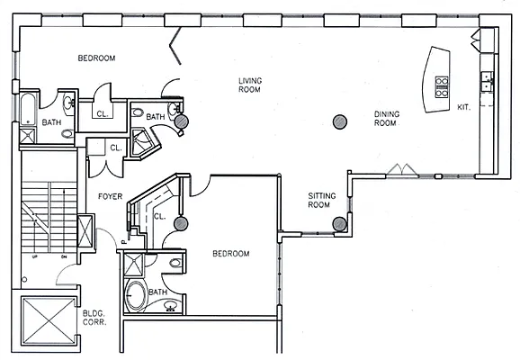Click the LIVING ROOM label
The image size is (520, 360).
tap(249, 84)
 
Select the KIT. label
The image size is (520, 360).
tap(464, 107)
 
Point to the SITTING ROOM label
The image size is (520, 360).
tap(321, 200)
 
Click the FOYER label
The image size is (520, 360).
tap(110, 195)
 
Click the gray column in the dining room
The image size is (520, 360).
tap(340, 121)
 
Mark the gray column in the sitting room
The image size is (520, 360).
tap(339, 224)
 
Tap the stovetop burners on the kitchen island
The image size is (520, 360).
tap(442, 86)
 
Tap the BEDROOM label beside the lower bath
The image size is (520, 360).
tap(230, 254)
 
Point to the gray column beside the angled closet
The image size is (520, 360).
tap(181, 223)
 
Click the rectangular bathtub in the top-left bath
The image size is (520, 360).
tap(26, 109)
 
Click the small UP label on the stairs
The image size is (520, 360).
tap(35, 256)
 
